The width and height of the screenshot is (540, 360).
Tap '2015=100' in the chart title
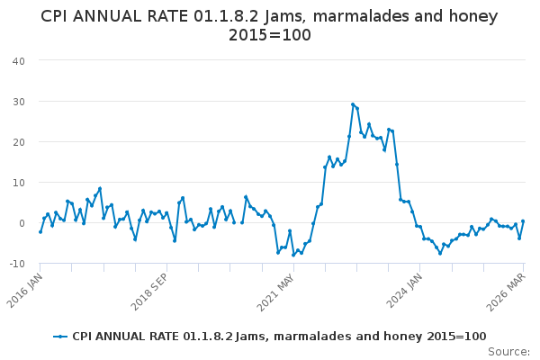[x=269, y=35]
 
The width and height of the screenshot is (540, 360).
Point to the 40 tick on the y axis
[x=18, y=60]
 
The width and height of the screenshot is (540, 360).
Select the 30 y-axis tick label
[x=18, y=101]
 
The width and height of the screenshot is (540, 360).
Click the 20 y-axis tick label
[x=18, y=141]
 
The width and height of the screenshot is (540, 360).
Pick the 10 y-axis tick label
[x=18, y=182]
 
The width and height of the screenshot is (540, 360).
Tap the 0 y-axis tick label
[x=21, y=222]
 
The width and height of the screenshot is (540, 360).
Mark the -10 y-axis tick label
[x=16, y=263]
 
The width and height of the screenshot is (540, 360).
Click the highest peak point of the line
[x=353, y=104]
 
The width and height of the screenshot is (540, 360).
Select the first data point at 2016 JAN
[x=40, y=231]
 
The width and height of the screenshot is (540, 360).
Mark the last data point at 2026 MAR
[x=523, y=221]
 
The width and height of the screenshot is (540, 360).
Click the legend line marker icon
[x=60, y=337]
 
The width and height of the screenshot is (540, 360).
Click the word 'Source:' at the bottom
[x=508, y=351]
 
